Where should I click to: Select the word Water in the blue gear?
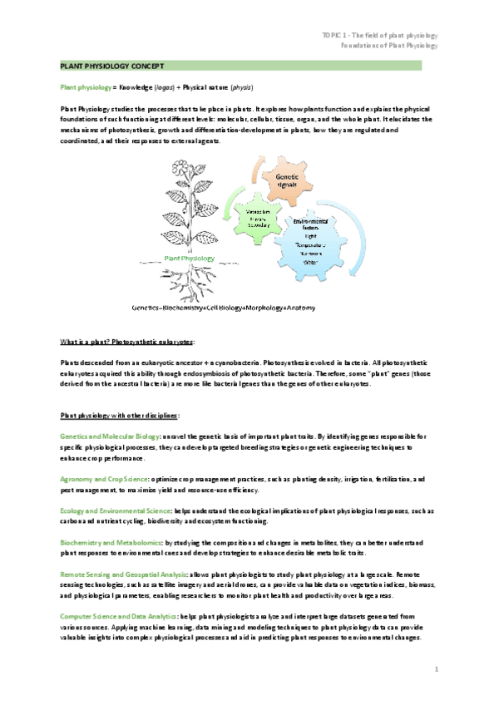click(x=312, y=262)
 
